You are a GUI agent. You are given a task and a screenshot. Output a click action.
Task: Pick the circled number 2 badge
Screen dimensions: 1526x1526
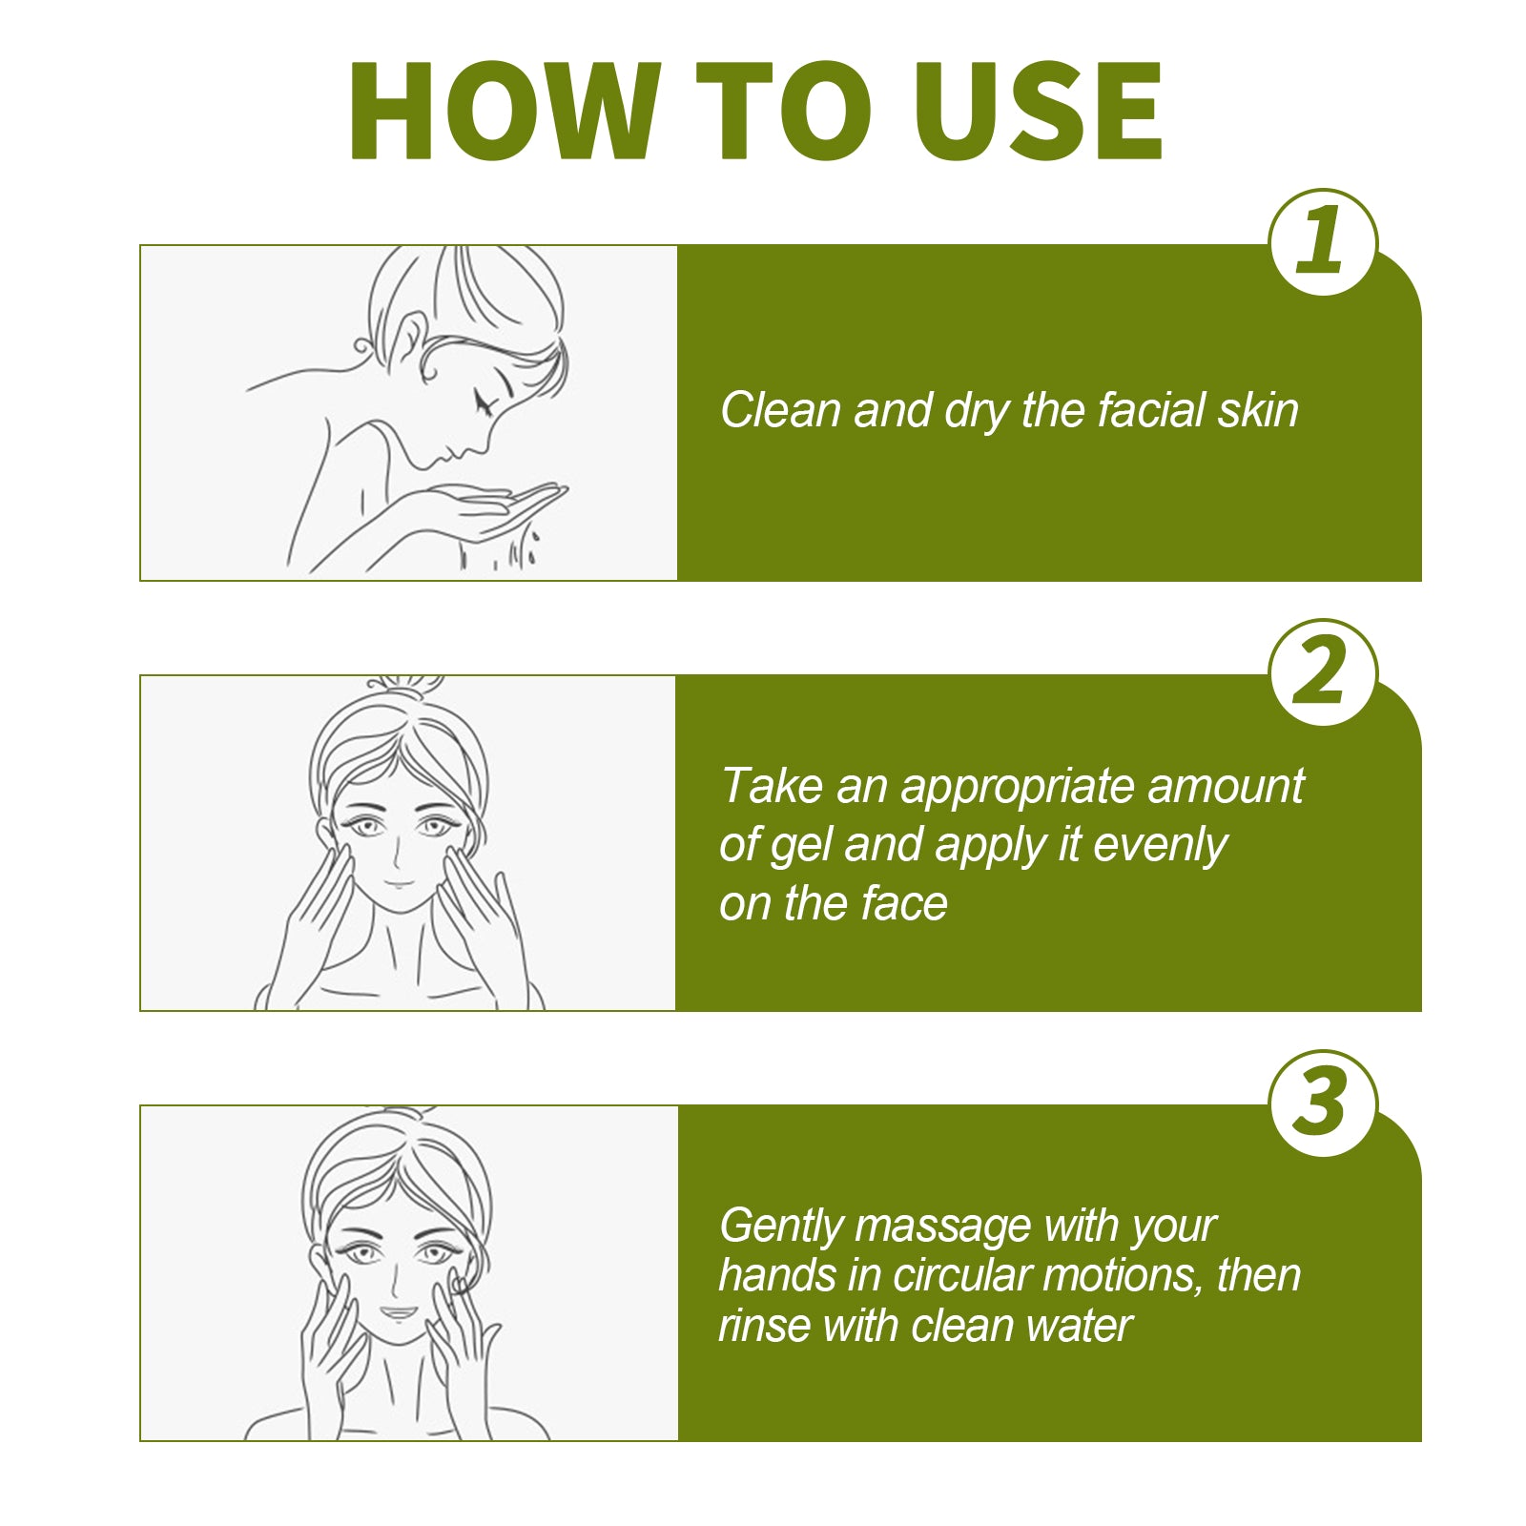click(1323, 672)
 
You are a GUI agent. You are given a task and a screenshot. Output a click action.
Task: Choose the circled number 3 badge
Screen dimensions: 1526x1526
click(1323, 1103)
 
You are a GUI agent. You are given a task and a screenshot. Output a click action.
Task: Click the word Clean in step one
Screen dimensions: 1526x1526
click(779, 410)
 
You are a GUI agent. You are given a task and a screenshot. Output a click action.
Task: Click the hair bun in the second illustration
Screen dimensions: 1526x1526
click(405, 685)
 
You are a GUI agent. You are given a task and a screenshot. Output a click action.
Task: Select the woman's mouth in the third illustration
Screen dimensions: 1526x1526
click(399, 1312)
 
